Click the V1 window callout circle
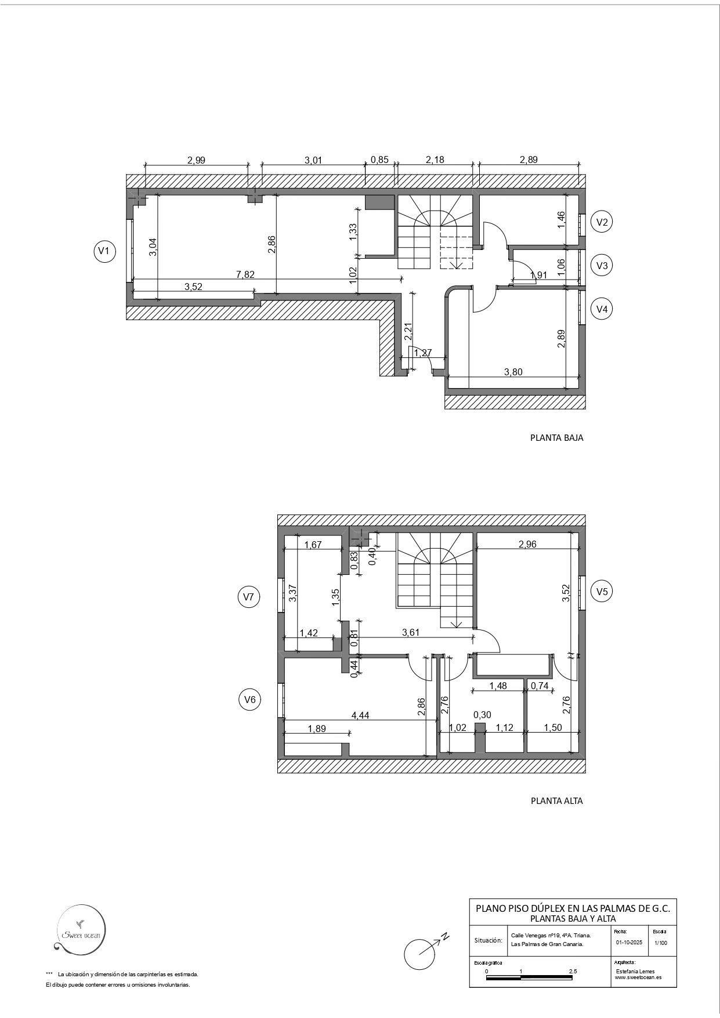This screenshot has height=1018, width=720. pyautogui.click(x=104, y=251)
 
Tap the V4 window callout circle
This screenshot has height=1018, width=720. pyautogui.click(x=602, y=309)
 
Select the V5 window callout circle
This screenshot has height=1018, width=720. pyautogui.click(x=602, y=592)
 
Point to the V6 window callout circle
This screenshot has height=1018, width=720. pyautogui.click(x=249, y=700)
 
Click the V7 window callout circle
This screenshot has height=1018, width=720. pyautogui.click(x=249, y=597)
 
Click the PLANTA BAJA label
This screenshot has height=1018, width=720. pyautogui.click(x=556, y=438)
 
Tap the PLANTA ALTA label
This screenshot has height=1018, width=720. pyautogui.click(x=556, y=801)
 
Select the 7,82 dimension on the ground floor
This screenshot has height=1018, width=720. pyautogui.click(x=245, y=274)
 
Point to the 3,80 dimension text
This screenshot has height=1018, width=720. pyautogui.click(x=513, y=372)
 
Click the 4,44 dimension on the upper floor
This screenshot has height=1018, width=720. pyautogui.click(x=360, y=715)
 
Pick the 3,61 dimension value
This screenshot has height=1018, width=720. pyautogui.click(x=411, y=632)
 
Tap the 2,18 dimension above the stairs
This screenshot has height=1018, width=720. pyautogui.click(x=435, y=160)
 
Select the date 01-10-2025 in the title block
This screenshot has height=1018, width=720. pyautogui.click(x=629, y=943)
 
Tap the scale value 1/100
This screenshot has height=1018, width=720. pyautogui.click(x=660, y=943)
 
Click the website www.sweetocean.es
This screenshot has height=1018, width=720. pyautogui.click(x=638, y=977)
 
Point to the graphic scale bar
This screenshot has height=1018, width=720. pyautogui.click(x=529, y=978)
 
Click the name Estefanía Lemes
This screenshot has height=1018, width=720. pyautogui.click(x=635, y=971)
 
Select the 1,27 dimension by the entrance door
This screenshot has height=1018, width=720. pyautogui.click(x=423, y=353)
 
